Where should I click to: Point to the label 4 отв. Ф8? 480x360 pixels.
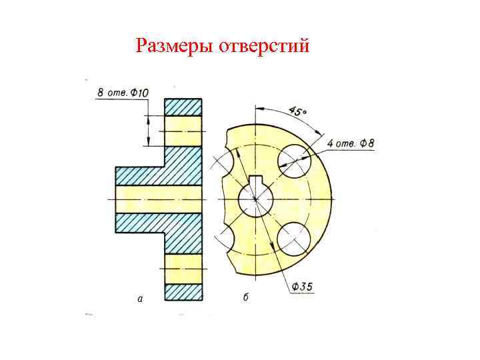[x=351, y=143]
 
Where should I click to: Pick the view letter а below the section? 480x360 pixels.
[x=139, y=299]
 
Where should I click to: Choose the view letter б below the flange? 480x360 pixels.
[x=245, y=297]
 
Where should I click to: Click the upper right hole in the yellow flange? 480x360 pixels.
[x=294, y=161]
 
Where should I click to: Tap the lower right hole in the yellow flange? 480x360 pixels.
[x=294, y=238]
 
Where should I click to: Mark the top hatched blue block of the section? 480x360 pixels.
[x=183, y=107]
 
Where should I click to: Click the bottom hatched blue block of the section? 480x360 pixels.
[x=183, y=292]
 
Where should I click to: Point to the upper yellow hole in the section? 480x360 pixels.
[x=183, y=131]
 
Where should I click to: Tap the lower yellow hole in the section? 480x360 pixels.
[x=183, y=268]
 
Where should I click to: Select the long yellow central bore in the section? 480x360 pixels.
[x=158, y=199]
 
